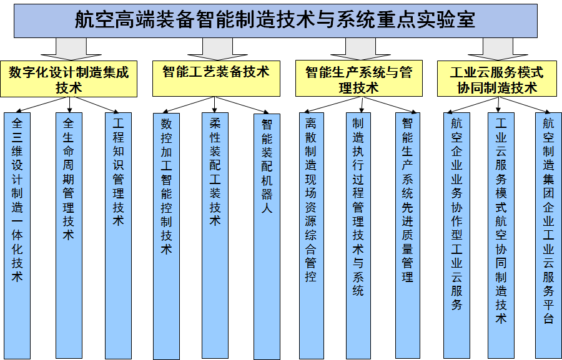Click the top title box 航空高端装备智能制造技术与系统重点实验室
coord(275,21)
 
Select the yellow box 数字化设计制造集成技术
coord(69,79)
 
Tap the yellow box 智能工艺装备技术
coord(216,79)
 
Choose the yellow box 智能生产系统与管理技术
coord(359,79)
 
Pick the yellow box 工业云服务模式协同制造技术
coord(497,79)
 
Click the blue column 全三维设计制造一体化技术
coord(17,235)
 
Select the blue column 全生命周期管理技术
coord(69,235)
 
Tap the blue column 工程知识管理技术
coord(118,235)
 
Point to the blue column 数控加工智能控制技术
coord(166,236)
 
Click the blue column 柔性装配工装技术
coord(215,235)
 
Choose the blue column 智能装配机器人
coord(267,236)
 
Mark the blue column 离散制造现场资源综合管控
coord(312,235)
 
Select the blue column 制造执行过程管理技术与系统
coord(358,235)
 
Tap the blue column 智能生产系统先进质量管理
coord(408,235)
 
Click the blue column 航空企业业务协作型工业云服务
coord(456,235)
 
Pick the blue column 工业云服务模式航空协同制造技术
coord(501,235)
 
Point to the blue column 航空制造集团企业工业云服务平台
coord(548,235)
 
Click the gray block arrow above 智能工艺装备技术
coord(217,49)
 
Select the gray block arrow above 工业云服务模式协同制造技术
coord(498,49)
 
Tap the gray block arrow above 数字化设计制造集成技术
coord(71,49)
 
